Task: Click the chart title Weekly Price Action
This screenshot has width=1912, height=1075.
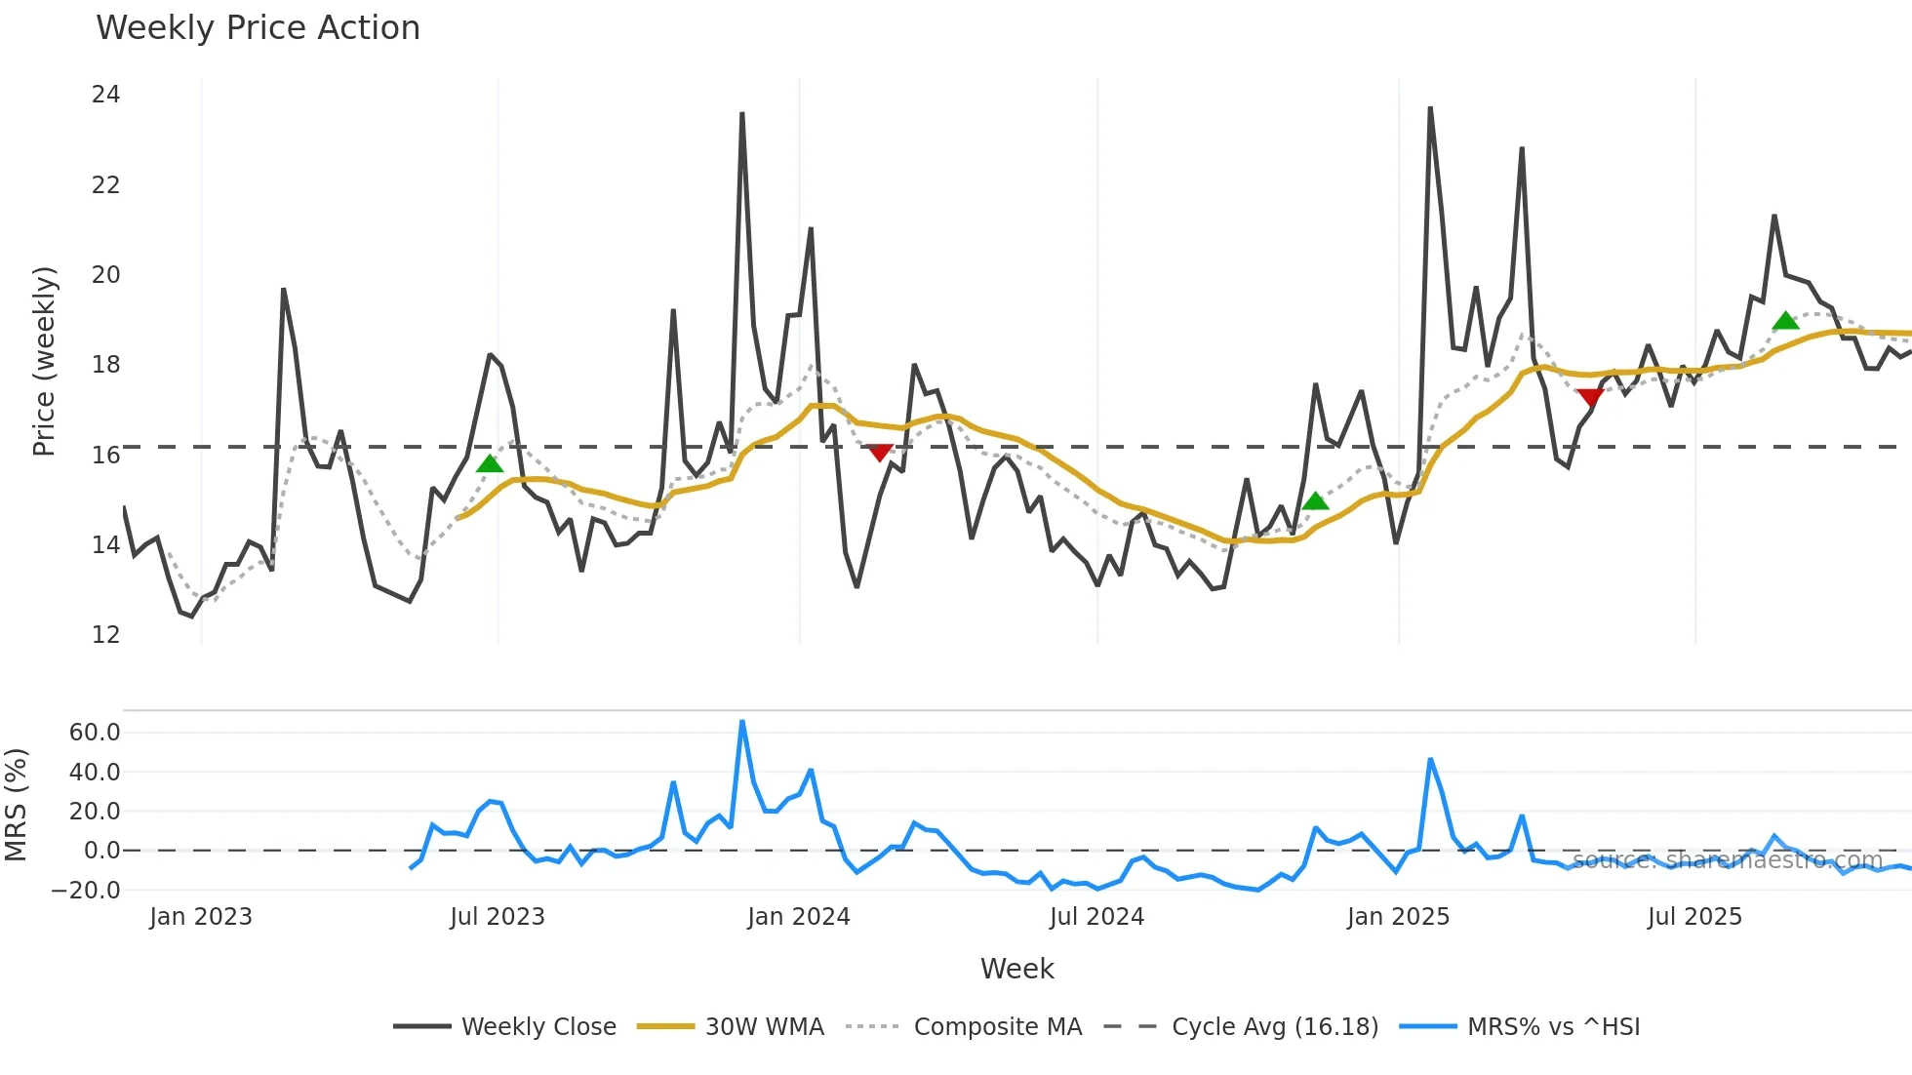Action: click(258, 28)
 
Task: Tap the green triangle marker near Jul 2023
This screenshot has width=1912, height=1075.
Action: click(490, 464)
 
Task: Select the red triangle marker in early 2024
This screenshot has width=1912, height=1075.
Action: click(880, 453)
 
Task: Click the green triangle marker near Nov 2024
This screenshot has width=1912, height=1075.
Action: click(1315, 501)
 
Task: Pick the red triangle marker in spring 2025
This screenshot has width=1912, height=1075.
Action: click(1590, 397)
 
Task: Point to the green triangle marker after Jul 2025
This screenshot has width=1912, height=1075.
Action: click(1785, 321)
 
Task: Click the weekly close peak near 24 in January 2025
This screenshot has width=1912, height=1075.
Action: click(1430, 109)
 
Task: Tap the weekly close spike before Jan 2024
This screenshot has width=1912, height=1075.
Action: click(742, 114)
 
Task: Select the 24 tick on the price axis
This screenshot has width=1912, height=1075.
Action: click(105, 95)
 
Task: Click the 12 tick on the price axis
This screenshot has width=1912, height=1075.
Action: click(105, 635)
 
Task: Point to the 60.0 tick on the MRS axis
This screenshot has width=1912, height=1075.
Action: click(95, 733)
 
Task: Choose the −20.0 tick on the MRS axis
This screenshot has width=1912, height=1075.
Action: click(86, 890)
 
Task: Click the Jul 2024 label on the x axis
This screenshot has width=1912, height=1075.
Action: click(1096, 917)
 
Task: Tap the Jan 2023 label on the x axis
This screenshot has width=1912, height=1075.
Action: click(201, 917)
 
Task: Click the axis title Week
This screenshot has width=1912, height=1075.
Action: click(1016, 969)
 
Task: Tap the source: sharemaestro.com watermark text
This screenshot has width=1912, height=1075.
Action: click(1728, 860)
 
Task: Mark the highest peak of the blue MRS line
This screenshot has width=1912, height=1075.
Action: click(742, 722)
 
